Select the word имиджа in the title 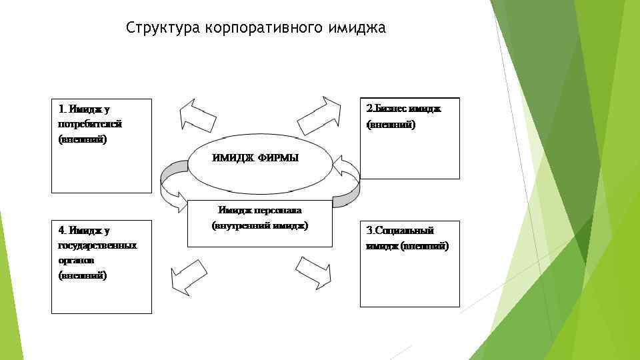[x=357, y=28]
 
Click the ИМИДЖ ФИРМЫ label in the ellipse [x=255, y=158]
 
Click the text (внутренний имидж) [x=260, y=225]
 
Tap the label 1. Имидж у [x=84, y=109]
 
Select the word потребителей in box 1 [x=89, y=124]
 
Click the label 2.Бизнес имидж [x=404, y=108]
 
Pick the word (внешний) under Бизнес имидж [x=391, y=124]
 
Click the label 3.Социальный [x=400, y=231]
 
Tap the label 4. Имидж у [x=84, y=231]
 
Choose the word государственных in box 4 [x=97, y=245]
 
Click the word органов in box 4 [x=77, y=260]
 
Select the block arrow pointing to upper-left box [x=196, y=115]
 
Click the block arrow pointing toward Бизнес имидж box [x=320, y=115]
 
